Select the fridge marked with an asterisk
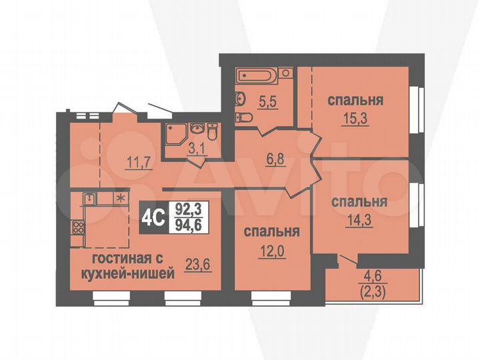coord(121,198)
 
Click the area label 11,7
coord(137,161)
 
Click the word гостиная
coord(109,259)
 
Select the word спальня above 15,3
coord(355,101)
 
